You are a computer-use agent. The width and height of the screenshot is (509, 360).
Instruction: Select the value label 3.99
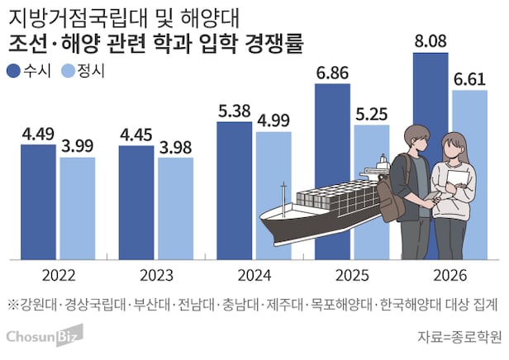tap(78, 145)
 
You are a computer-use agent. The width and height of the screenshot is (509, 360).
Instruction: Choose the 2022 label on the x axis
tap(58, 275)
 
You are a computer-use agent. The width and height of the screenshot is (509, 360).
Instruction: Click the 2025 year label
tap(352, 275)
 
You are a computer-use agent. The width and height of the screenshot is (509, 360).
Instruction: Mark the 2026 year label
tap(450, 275)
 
